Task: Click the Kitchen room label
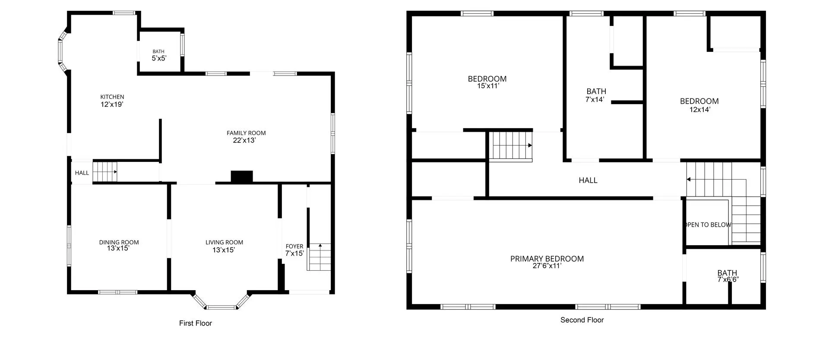(x=112, y=97)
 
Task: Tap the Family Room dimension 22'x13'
(x=244, y=140)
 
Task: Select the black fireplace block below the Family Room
(x=242, y=176)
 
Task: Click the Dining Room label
(x=119, y=242)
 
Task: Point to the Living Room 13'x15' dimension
(x=224, y=250)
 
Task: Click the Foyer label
(x=294, y=247)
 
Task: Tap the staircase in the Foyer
(x=320, y=257)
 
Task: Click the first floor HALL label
(x=82, y=173)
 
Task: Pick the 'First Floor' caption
(x=196, y=323)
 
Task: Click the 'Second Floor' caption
(x=582, y=320)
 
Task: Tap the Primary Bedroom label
(x=547, y=259)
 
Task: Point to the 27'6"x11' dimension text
(x=547, y=266)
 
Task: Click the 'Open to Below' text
(x=709, y=225)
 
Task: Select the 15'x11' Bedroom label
(x=487, y=79)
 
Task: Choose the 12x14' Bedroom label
(x=699, y=101)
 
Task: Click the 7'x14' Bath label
(x=596, y=92)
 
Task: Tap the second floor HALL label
(x=588, y=180)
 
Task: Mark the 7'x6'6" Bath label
(x=728, y=273)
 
